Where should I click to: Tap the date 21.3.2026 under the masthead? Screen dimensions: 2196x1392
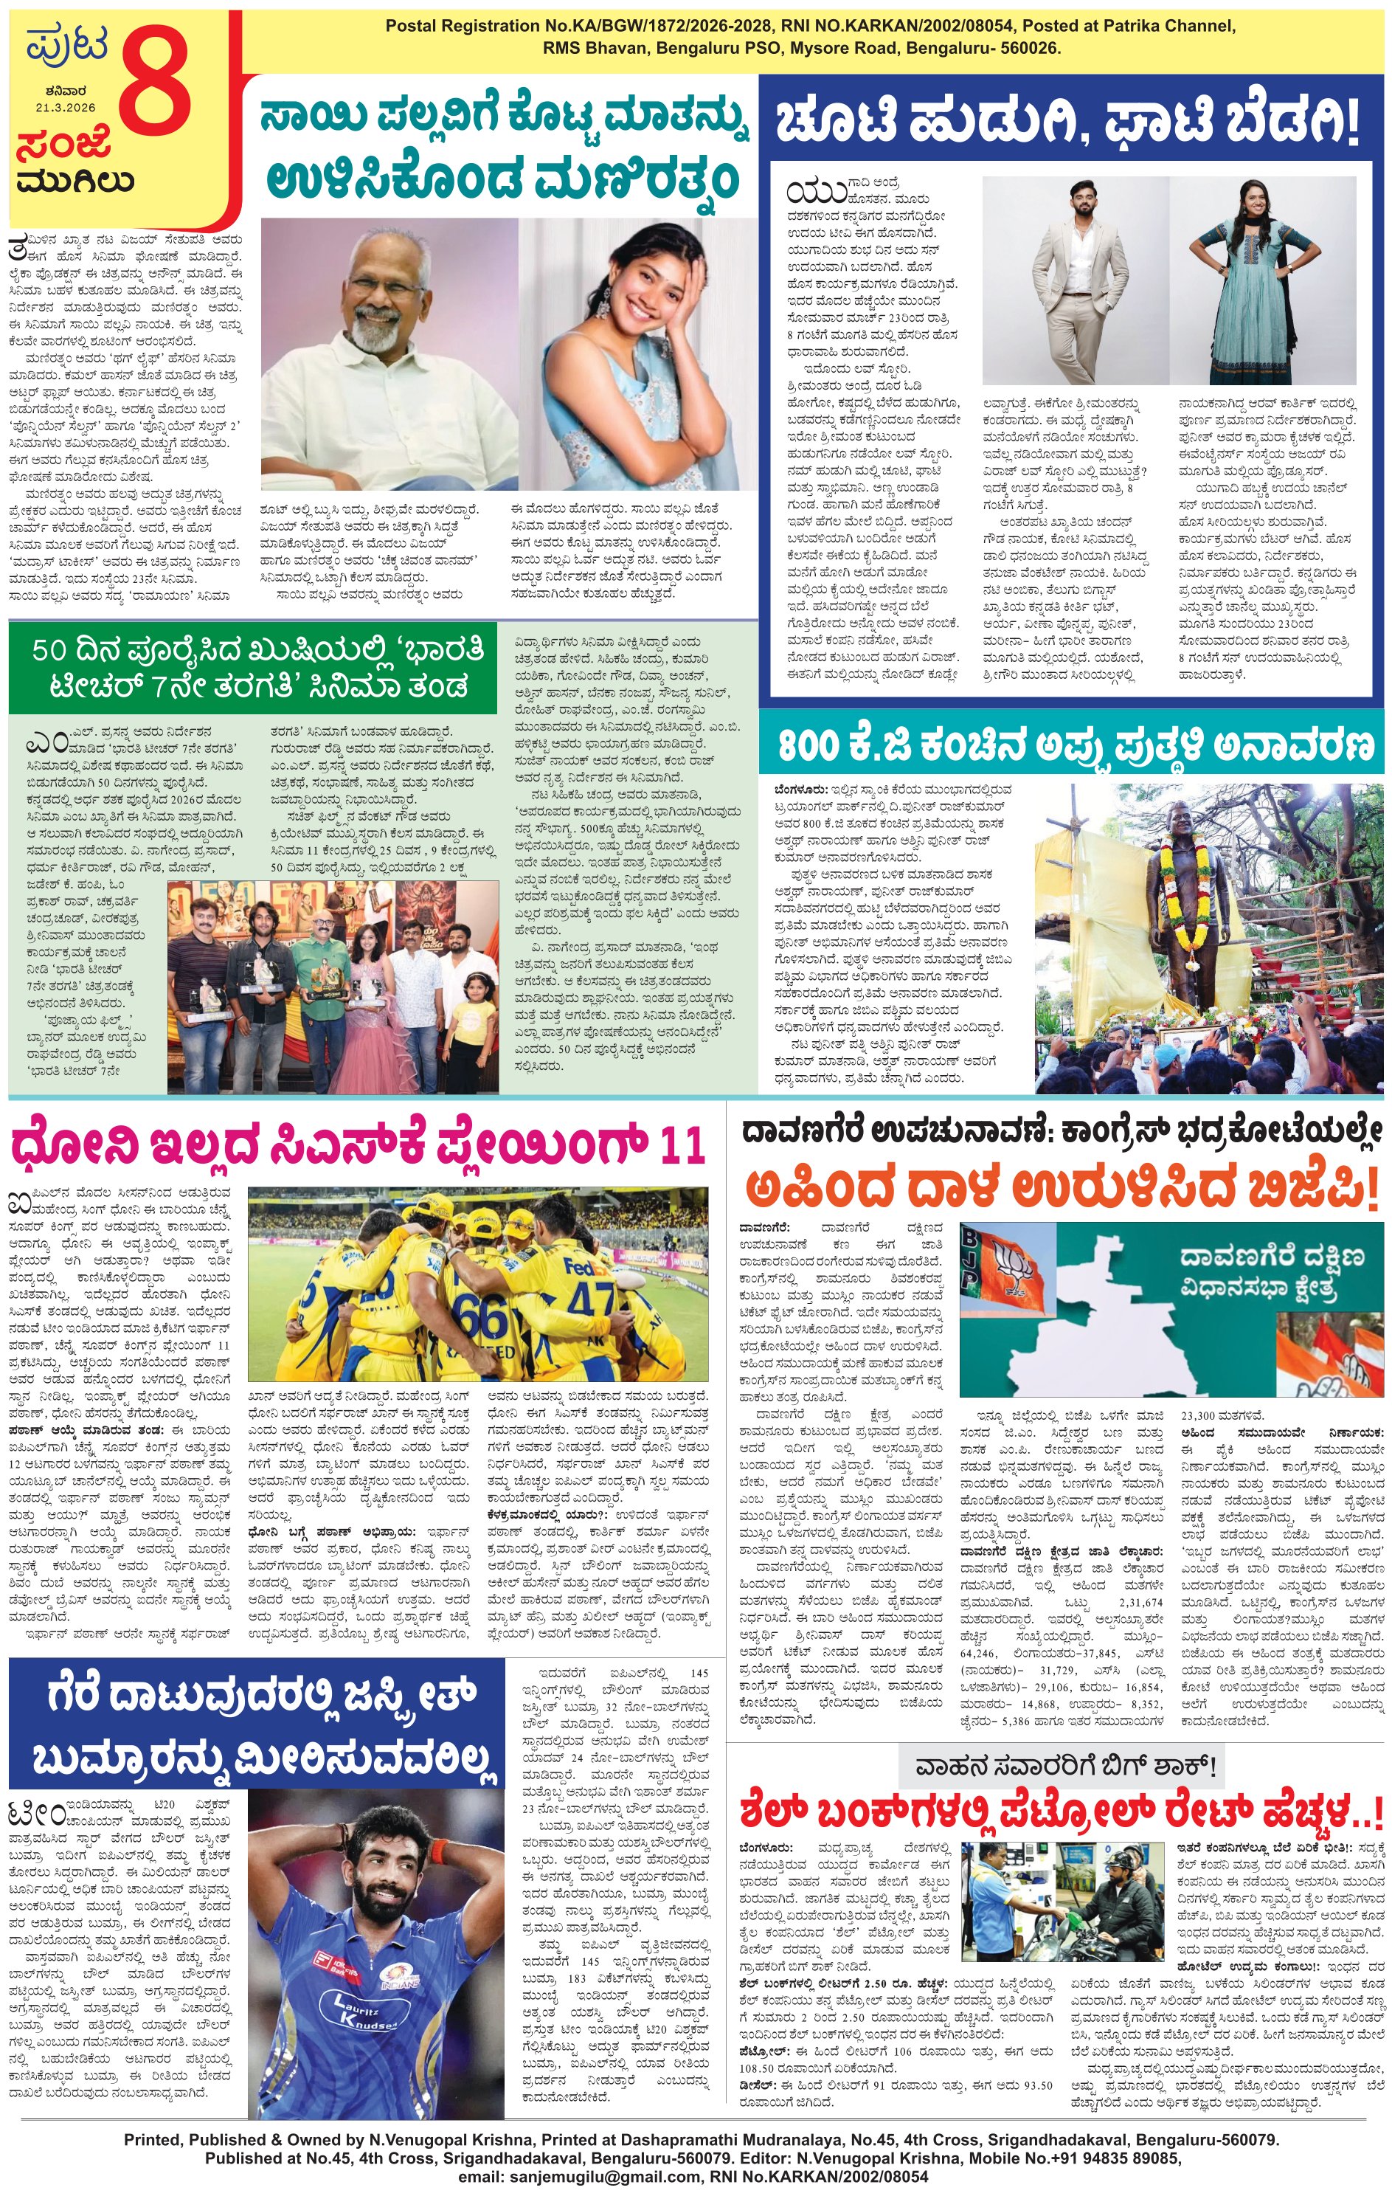coord(66,108)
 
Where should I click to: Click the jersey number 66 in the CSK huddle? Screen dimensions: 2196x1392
coord(480,1316)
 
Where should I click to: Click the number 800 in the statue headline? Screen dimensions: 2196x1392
coord(809,745)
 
